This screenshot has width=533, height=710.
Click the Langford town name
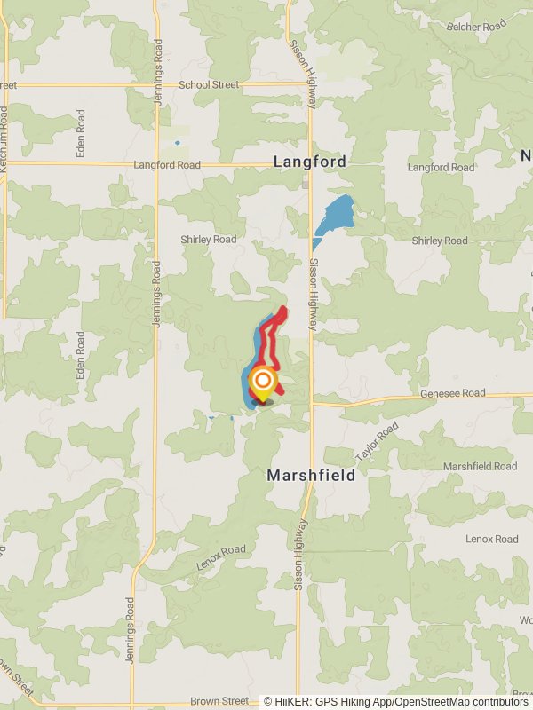[309, 162]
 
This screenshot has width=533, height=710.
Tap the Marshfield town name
[311, 476]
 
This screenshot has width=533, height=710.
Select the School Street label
[209, 84]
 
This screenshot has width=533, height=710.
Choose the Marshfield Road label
[480, 467]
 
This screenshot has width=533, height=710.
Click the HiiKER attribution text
[395, 701]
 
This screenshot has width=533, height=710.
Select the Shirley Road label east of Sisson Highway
[439, 241]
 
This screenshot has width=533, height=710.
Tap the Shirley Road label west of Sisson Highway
[209, 240]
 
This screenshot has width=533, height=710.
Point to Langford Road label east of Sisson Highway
[441, 167]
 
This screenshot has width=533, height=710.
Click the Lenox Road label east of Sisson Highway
[491, 539]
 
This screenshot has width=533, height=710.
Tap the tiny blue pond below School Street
[177, 142]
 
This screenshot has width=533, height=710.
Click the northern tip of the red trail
[283, 310]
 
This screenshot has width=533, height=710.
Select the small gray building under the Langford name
[306, 184]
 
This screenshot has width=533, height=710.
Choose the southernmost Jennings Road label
[130, 620]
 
